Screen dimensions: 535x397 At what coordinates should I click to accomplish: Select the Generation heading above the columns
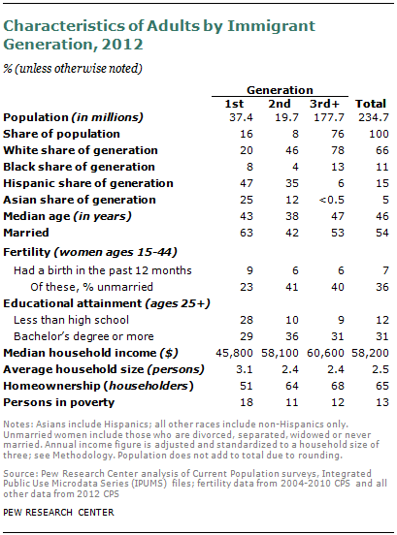[273, 87]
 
